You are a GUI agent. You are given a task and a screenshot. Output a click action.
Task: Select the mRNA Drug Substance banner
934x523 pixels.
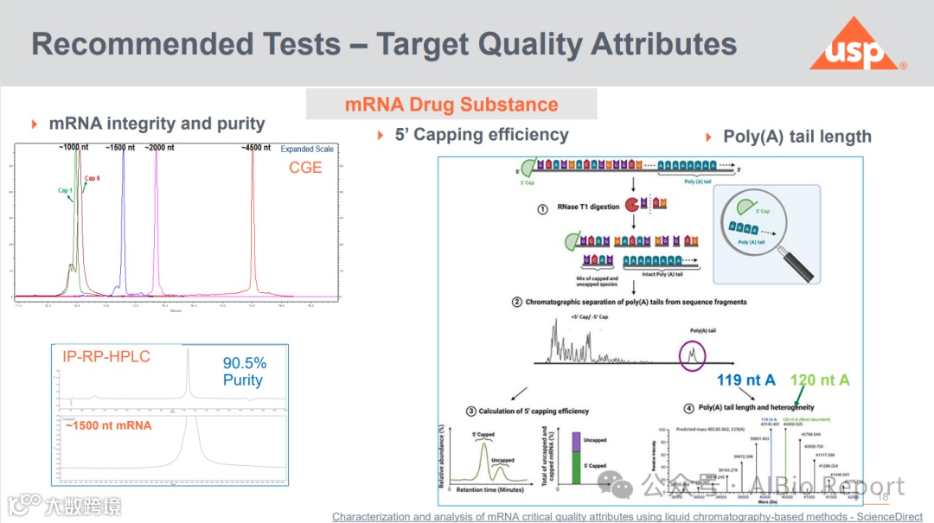pyautogui.click(x=451, y=105)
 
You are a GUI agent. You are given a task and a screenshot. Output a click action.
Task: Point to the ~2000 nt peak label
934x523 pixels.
pyautogui.click(x=162, y=148)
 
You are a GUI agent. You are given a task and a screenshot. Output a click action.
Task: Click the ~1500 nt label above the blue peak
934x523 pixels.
pyautogui.click(x=120, y=148)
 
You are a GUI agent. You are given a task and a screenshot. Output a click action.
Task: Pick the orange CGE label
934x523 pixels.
pyautogui.click(x=305, y=168)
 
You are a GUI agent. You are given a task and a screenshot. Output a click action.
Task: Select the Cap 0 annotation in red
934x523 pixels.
pyautogui.click(x=92, y=179)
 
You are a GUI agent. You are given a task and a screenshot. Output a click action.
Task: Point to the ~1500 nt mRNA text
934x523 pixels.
pyautogui.click(x=108, y=425)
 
